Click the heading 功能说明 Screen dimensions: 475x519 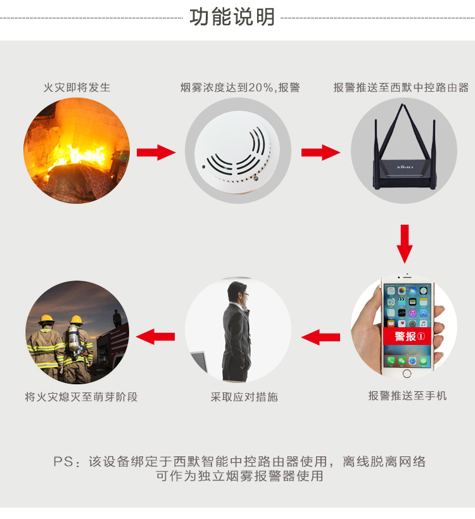[232, 17]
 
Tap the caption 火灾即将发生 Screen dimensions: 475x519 [77, 87]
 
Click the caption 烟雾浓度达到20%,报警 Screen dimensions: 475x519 [240, 87]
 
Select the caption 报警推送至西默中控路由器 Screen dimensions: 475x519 [401, 87]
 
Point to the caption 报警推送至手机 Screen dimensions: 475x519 [407, 396]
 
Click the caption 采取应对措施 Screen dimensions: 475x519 [244, 397]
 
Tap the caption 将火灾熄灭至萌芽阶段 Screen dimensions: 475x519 [81, 397]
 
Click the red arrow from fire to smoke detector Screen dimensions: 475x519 [156, 152]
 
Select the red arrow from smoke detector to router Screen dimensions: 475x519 [320, 152]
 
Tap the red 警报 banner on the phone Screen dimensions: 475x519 [407, 337]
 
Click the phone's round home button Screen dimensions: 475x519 [407, 373]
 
